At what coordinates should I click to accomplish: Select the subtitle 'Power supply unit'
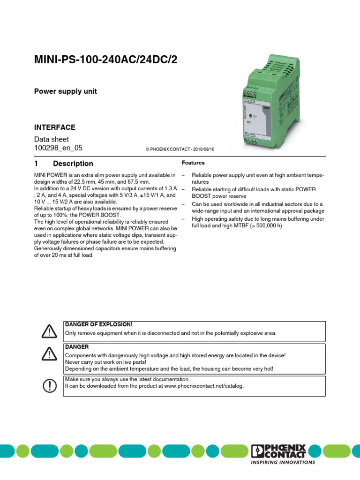(65, 91)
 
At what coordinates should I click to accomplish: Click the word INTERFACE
(54, 127)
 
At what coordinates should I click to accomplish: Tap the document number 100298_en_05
(59, 148)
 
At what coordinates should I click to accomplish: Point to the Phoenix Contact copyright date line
(180, 149)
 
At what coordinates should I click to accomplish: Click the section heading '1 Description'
(63, 164)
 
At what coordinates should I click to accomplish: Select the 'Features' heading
(193, 163)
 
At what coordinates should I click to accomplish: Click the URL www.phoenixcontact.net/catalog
(203, 386)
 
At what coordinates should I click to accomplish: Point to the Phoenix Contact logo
(279, 451)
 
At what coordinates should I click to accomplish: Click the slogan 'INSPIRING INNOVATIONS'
(283, 462)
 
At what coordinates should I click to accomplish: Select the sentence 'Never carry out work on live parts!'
(106, 362)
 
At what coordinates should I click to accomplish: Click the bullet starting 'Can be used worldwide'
(257, 207)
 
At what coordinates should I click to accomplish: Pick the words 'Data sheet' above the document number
(52, 139)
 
